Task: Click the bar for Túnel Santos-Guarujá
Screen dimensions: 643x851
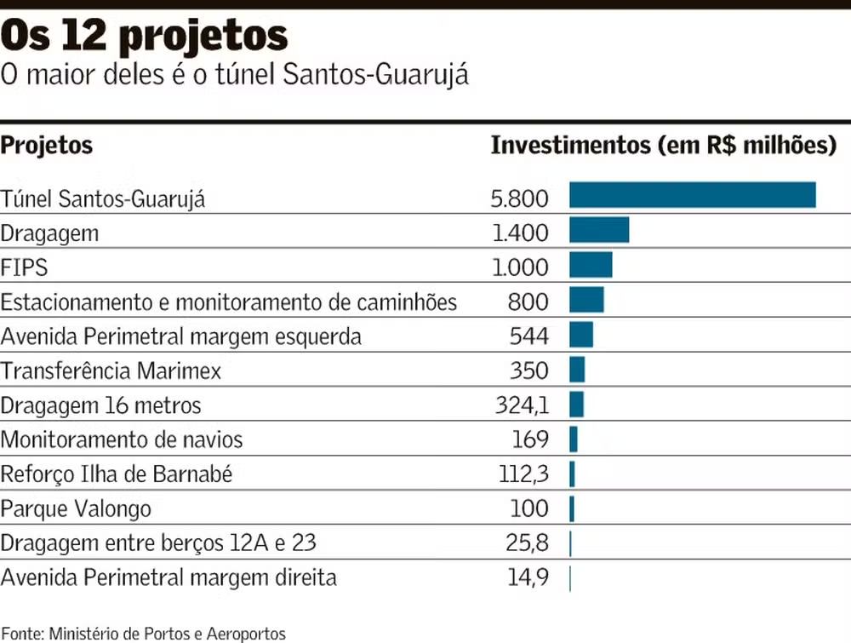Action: pos(692,195)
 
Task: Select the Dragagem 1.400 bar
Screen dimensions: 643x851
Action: pos(599,230)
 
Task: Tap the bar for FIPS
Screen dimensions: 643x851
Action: pos(591,265)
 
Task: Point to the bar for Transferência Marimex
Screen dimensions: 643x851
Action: pos(577,369)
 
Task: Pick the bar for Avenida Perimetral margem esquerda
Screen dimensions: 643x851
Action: pos(581,335)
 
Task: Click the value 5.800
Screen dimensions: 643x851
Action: pos(519,198)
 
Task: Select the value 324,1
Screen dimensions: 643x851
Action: pos(522,405)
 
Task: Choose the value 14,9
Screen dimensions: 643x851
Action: pos(528,577)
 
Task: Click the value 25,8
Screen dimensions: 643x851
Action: pos(528,543)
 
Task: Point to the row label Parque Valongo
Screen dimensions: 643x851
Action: pos(76,509)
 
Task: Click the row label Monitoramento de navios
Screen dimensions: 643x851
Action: pos(122,439)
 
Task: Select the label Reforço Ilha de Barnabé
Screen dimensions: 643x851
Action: pos(117,474)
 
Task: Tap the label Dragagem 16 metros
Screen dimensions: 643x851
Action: pos(100,405)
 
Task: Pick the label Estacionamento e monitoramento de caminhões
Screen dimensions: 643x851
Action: pos(229,301)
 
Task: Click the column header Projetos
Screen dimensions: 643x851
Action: pos(47,146)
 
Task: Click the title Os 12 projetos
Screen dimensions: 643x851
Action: pos(144,37)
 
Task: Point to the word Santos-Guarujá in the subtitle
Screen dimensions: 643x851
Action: pos(375,75)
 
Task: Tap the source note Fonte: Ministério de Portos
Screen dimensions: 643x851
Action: pos(143,634)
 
